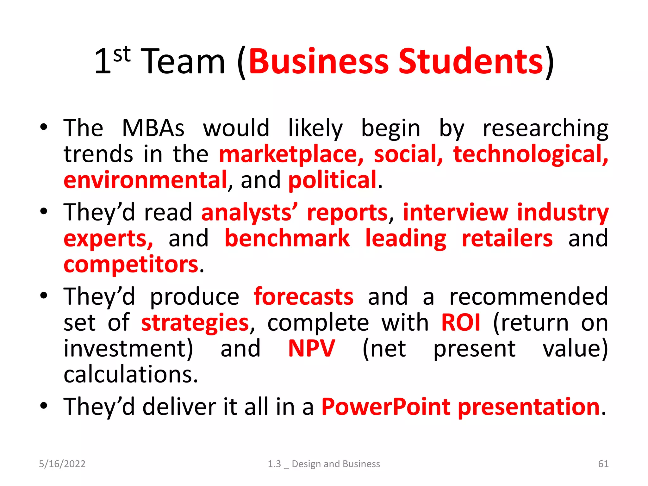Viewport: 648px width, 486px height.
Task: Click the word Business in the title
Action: point(319,61)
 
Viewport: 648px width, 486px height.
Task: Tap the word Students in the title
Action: point(471,61)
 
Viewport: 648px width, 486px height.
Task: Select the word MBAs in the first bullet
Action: point(153,128)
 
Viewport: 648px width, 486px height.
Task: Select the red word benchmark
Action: point(287,239)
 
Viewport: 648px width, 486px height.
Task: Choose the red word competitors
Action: point(131,265)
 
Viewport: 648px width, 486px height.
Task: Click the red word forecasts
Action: point(303,297)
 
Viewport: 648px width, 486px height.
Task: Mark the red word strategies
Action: point(195,323)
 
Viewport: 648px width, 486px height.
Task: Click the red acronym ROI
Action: point(461,323)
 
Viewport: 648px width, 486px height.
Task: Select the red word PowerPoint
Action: point(386,407)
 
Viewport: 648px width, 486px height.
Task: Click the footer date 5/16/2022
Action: point(62,464)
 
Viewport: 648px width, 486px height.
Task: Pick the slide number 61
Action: point(603,464)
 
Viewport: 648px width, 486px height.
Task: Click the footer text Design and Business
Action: point(336,464)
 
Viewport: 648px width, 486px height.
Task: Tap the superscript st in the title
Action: point(122,54)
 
